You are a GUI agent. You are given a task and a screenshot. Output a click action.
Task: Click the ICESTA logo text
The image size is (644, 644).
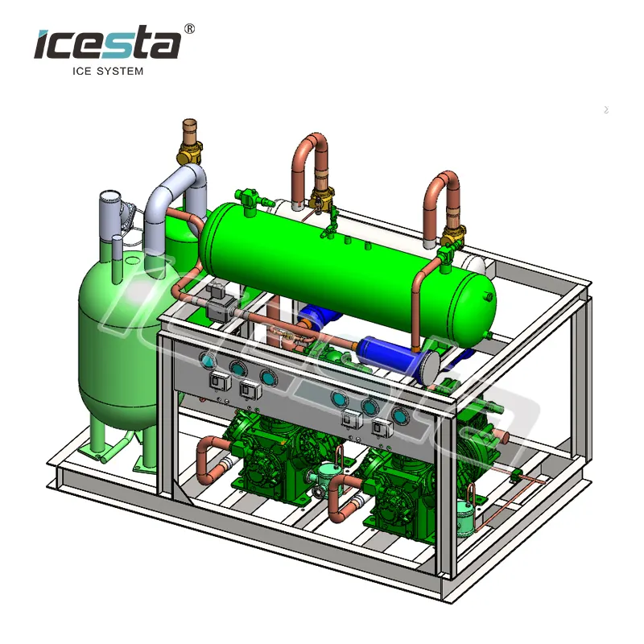click(106, 43)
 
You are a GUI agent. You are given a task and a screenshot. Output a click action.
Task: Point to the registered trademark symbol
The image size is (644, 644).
click(190, 28)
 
